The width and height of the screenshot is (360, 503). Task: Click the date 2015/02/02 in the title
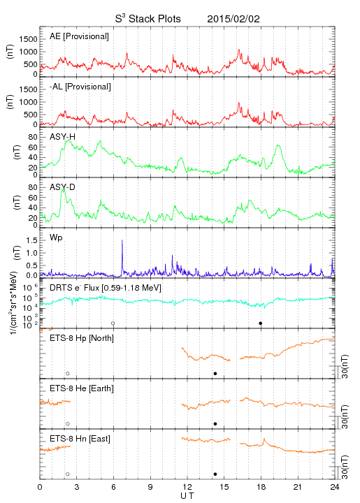[x=233, y=19]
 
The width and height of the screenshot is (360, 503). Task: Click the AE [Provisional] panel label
[x=79, y=36]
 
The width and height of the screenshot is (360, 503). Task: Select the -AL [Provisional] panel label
[x=80, y=87]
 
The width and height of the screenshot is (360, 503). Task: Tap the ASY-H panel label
[x=63, y=137]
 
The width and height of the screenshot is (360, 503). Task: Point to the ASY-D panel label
[x=63, y=187]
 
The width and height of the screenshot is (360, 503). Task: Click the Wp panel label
[x=56, y=238]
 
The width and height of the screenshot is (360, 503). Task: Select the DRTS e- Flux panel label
[x=106, y=288]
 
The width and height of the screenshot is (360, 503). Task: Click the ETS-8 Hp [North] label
[x=82, y=338]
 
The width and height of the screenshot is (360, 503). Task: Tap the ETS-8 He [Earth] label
[x=82, y=388]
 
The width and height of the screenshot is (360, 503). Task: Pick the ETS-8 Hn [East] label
[x=80, y=439]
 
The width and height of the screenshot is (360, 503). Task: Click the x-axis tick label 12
[x=187, y=487]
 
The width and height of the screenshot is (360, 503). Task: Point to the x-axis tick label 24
[x=335, y=487]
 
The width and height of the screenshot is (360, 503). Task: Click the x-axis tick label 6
[x=113, y=487]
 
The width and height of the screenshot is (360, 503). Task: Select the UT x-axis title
[x=187, y=496]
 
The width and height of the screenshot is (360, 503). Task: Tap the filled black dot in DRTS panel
[x=261, y=323]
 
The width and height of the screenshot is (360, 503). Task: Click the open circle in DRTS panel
[x=113, y=323]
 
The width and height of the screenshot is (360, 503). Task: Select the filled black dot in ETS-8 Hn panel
[x=215, y=474]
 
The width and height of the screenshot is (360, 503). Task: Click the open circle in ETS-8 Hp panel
[x=68, y=374]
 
